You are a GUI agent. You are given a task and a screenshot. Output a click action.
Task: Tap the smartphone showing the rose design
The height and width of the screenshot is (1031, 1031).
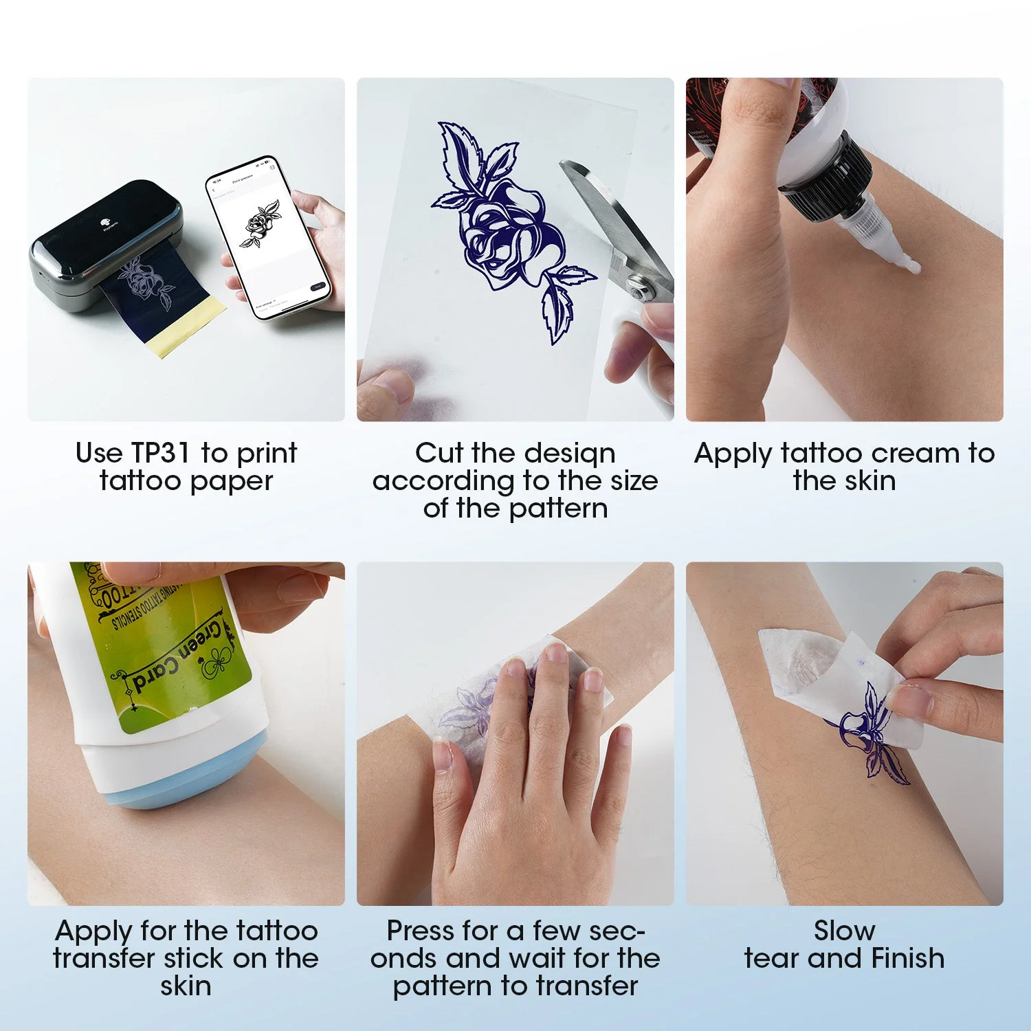(x=269, y=237)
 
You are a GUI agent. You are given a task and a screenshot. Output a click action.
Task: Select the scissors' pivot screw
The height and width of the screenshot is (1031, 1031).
(x=643, y=290)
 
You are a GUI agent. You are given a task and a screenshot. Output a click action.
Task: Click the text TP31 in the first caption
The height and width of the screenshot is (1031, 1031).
(x=160, y=454)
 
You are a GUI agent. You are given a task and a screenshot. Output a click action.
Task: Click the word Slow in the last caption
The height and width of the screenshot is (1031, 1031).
(x=845, y=931)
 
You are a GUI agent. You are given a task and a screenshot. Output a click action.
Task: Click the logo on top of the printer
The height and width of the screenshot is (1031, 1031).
(x=105, y=221)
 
